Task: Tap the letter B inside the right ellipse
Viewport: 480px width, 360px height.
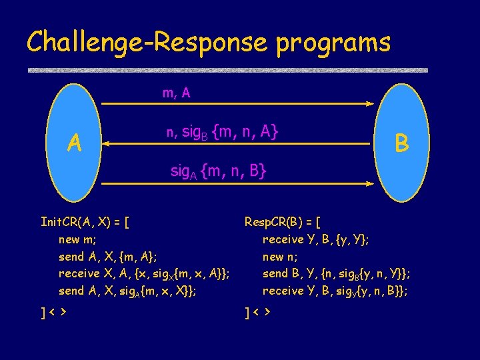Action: click(401, 142)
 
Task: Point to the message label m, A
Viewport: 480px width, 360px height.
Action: click(176, 93)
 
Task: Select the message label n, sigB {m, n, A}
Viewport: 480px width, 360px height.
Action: click(221, 133)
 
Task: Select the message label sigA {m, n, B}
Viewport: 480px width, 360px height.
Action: click(218, 171)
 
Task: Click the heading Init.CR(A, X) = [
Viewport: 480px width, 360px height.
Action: click(85, 221)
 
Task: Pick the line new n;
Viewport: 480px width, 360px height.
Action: click(281, 256)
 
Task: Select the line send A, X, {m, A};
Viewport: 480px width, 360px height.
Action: click(108, 256)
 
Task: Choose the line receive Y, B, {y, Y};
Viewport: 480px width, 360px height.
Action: click(316, 239)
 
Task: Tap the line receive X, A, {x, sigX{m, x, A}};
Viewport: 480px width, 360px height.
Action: click(145, 273)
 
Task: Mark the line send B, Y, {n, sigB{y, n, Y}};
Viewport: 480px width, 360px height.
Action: click(336, 273)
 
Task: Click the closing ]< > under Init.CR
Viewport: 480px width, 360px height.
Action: click(56, 311)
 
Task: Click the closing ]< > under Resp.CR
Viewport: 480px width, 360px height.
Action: click(259, 311)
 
